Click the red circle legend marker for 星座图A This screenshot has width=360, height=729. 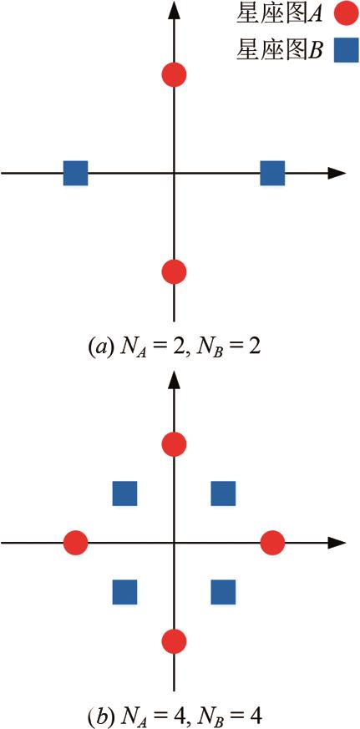[x=346, y=14]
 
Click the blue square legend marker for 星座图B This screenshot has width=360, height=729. [x=346, y=50]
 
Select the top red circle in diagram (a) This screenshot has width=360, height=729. [x=174, y=74]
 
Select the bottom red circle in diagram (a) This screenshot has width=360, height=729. [x=174, y=271]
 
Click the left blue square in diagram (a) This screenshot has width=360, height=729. [x=75, y=173]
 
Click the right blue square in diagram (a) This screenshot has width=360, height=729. [x=272, y=173]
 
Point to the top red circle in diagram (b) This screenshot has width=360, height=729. [x=174, y=444]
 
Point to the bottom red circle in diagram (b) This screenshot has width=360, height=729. [x=174, y=640]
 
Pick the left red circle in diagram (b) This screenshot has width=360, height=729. [x=75, y=543]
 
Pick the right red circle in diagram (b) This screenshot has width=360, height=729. [x=272, y=543]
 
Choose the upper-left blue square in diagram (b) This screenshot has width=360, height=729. [x=124, y=494]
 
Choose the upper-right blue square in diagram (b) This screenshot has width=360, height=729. [x=223, y=494]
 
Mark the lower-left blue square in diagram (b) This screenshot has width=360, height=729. [x=124, y=592]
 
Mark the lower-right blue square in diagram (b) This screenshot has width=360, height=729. [x=223, y=592]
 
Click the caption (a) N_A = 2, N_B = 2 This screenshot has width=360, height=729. [x=180, y=347]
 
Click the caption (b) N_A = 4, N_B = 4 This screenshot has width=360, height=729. [x=180, y=715]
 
